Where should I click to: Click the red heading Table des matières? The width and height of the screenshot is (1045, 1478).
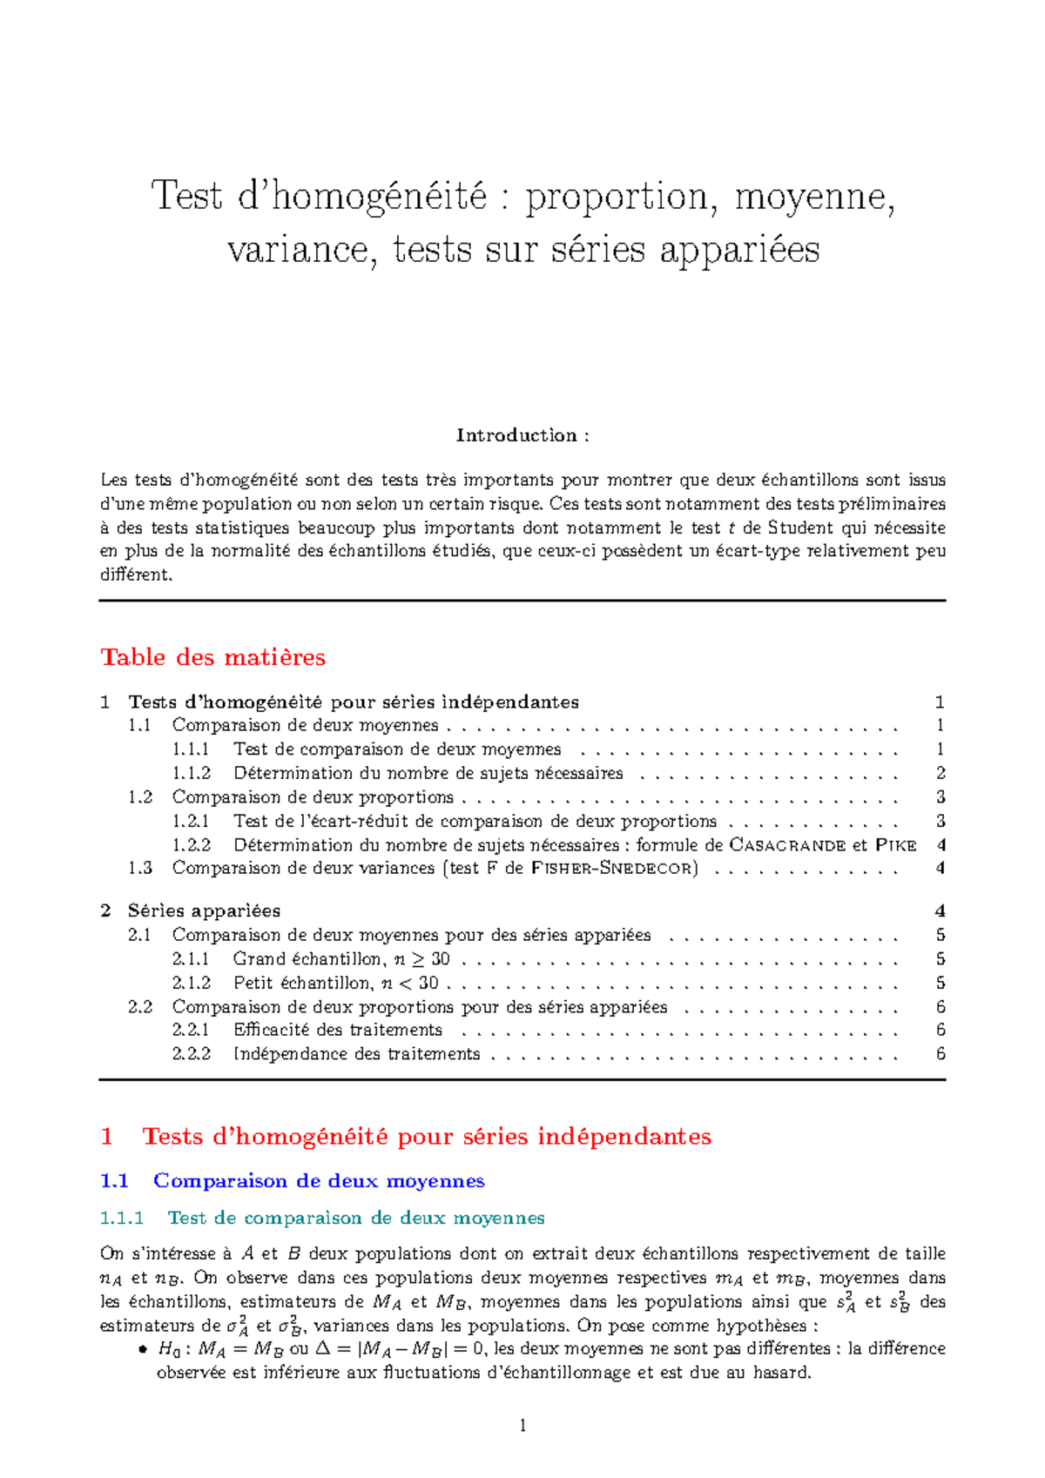tap(213, 657)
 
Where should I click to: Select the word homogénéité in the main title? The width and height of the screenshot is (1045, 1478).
tap(379, 196)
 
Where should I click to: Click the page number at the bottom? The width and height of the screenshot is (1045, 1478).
tap(522, 1425)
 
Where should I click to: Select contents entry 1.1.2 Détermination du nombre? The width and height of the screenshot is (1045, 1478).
tap(428, 773)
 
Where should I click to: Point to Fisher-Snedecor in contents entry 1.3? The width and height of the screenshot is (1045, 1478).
tap(614, 869)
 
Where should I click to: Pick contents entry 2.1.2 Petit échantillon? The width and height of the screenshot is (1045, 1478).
tap(335, 984)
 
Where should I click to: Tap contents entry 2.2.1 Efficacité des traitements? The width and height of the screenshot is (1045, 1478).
tap(337, 1031)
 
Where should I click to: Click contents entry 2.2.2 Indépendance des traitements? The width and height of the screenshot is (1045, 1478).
tap(356, 1054)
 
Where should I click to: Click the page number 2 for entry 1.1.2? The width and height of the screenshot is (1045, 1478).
tap(940, 773)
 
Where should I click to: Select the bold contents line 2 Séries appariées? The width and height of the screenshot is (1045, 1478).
tap(204, 911)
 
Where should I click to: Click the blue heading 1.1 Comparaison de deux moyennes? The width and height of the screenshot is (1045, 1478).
tap(319, 1181)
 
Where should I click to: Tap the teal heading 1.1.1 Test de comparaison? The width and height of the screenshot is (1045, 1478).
tap(355, 1218)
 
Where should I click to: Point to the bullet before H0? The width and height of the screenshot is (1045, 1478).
tap(143, 1350)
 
